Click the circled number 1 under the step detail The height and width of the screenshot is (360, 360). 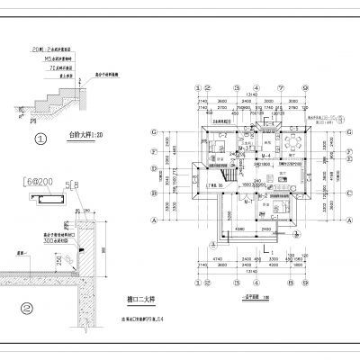pos(40,139)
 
